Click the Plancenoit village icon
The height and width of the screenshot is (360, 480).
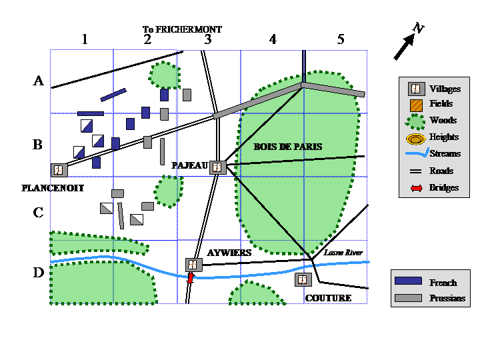[x=59, y=170]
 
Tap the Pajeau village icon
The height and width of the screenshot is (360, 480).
[x=217, y=167]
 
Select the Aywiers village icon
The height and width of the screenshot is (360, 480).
[x=194, y=265]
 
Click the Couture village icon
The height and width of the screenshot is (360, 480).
[x=303, y=279]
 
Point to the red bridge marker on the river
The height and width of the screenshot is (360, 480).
[x=191, y=278]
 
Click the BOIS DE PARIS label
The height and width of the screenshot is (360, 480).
[x=288, y=147]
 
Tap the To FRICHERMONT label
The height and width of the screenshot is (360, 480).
[x=182, y=29]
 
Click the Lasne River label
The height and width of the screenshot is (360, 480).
[x=343, y=253]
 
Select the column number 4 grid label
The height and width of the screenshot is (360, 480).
[x=273, y=39]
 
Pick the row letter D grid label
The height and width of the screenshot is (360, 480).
[x=39, y=273]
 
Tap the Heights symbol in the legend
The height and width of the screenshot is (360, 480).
[x=416, y=139]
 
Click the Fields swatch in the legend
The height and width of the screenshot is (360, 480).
[x=416, y=105]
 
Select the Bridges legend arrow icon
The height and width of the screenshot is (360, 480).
[x=416, y=188]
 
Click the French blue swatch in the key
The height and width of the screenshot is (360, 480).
[x=408, y=281]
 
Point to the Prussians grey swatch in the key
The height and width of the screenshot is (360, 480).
[x=408, y=298]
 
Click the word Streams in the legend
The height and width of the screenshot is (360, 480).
[x=445, y=153]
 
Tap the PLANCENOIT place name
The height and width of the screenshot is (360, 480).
[x=53, y=188]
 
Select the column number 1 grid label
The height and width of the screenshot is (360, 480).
[x=85, y=39]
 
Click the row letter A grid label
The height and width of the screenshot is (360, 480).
[x=38, y=81]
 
